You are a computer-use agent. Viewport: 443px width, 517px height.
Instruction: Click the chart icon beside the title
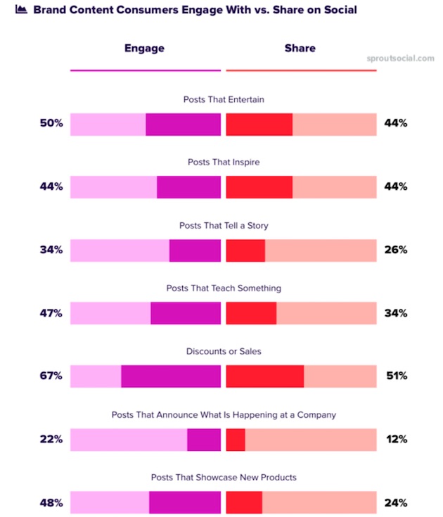click(21, 10)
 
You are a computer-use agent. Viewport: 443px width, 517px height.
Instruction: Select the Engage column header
click(144, 49)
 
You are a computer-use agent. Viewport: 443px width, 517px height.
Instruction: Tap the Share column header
click(300, 49)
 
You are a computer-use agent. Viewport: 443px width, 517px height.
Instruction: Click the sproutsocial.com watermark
click(401, 58)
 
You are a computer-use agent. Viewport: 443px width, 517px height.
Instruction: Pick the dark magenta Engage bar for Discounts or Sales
click(171, 376)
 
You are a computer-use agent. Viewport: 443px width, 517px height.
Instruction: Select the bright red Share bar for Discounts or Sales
click(265, 376)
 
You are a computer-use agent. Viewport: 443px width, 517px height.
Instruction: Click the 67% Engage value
click(51, 376)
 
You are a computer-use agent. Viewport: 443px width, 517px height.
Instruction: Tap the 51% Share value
click(396, 376)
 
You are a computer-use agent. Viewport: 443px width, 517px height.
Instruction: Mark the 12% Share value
click(396, 439)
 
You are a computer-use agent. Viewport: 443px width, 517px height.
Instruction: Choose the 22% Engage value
click(51, 439)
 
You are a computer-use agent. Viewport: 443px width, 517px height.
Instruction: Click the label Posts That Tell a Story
click(224, 225)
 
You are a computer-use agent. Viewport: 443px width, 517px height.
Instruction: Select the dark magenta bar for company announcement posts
click(204, 439)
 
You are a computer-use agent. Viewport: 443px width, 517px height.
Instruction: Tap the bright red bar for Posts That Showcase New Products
click(244, 502)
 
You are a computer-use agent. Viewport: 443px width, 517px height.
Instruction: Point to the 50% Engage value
click(51, 123)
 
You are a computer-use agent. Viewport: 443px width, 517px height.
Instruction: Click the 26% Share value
click(396, 250)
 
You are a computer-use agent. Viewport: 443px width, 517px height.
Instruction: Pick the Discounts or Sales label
click(224, 351)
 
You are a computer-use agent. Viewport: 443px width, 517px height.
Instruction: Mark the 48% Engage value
click(51, 502)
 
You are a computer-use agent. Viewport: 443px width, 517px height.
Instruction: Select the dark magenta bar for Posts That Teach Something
click(186, 312)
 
